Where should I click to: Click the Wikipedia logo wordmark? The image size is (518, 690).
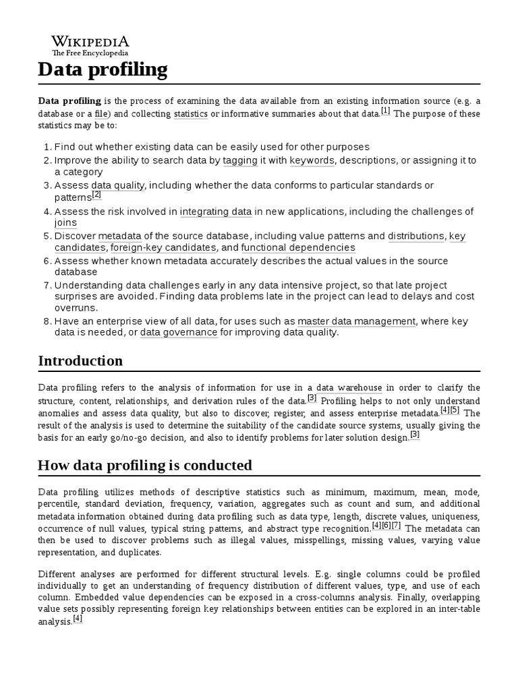pyautogui.click(x=90, y=41)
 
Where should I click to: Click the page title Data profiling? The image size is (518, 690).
pyautogui.click(x=103, y=69)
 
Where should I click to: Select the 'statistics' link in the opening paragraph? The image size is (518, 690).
pyautogui.click(x=190, y=114)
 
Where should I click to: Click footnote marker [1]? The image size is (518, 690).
pyautogui.click(x=385, y=111)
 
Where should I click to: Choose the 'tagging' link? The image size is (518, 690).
pyautogui.click(x=241, y=160)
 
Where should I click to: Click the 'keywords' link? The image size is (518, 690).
pyautogui.click(x=312, y=160)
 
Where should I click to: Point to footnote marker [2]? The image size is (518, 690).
pyautogui.click(x=96, y=195)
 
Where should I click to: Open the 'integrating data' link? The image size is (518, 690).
pyautogui.click(x=216, y=212)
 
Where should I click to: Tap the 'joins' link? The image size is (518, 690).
pyautogui.click(x=65, y=223)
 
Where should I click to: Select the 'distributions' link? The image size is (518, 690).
pyautogui.click(x=416, y=236)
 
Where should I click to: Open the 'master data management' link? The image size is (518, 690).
pyautogui.click(x=357, y=321)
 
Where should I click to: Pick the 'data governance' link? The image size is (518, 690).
pyautogui.click(x=179, y=332)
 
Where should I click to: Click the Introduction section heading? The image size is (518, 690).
pyautogui.click(x=80, y=360)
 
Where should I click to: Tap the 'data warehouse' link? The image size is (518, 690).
pyautogui.click(x=349, y=387)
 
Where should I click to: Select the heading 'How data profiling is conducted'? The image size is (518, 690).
pyautogui.click(x=145, y=465)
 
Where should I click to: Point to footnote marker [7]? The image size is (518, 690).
pyautogui.click(x=396, y=526)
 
